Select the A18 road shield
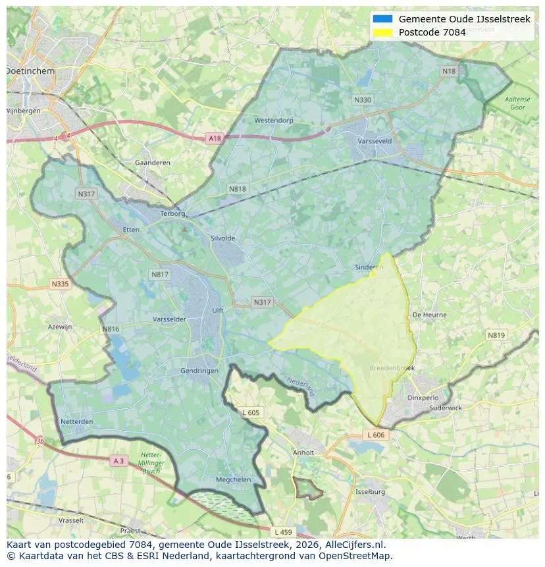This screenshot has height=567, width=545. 215,138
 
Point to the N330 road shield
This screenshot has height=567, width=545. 363,100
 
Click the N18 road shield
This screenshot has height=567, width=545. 449,71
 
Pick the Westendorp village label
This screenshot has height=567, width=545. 273,121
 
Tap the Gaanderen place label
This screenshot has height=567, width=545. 152,163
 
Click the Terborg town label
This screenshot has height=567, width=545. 174,213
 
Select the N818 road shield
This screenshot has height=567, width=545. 238,189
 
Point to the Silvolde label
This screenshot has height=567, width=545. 222,238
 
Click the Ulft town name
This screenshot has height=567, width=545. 218,310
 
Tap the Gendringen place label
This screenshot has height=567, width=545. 199,371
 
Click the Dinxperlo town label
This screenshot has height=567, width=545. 423,397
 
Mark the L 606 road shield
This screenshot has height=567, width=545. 376,435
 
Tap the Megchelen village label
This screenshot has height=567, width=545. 233,479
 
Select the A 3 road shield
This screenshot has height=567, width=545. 118,461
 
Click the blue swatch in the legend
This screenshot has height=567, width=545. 382,19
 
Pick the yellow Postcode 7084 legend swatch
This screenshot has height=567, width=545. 382,32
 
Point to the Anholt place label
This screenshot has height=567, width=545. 303,452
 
